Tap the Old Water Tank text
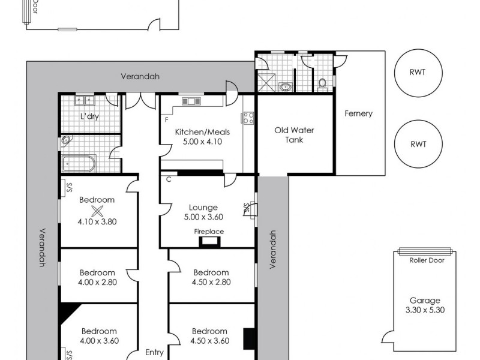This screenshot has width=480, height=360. (x=294, y=134)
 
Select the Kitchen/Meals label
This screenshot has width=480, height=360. (x=198, y=132)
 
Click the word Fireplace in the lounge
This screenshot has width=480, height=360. (x=209, y=231)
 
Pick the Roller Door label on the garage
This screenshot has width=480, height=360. (x=425, y=260)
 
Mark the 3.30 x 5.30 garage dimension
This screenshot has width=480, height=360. (x=425, y=310)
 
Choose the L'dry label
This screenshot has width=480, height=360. (x=89, y=116)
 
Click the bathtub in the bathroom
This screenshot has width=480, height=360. (x=78, y=163)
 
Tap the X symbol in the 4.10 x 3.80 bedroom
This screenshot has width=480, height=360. (x=97, y=210)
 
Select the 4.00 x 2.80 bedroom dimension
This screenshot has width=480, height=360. (x=98, y=281)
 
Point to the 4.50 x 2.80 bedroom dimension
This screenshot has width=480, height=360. (x=211, y=281)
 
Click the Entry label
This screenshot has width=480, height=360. (x=154, y=352)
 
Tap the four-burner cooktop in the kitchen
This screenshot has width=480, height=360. (x=247, y=118)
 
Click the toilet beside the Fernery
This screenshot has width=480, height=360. (x=322, y=83)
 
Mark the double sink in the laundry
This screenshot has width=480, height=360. (x=82, y=101)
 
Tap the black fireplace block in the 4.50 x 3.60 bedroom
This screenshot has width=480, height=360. (x=248, y=338)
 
